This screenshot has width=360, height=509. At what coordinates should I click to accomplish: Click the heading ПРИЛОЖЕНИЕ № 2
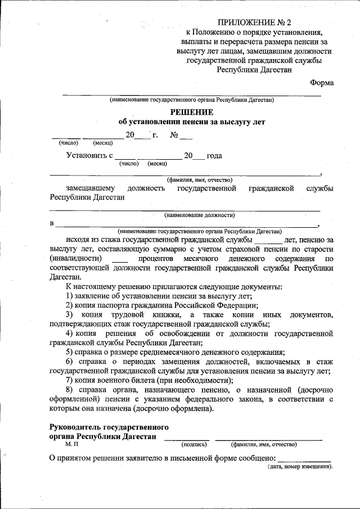pos(255,23)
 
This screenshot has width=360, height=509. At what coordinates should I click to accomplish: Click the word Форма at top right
pos(322,83)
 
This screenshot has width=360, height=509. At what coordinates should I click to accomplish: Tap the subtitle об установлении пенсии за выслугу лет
pos(191,121)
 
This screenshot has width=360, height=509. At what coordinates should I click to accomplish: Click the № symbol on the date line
pos(174,135)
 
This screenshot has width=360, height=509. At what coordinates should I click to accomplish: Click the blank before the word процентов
pos(120,258)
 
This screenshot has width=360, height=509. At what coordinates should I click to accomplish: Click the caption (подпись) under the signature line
pos(195,444)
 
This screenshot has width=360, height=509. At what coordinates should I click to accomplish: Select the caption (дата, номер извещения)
pos(299,467)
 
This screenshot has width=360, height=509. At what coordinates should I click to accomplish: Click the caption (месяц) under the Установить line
pos(157,164)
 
